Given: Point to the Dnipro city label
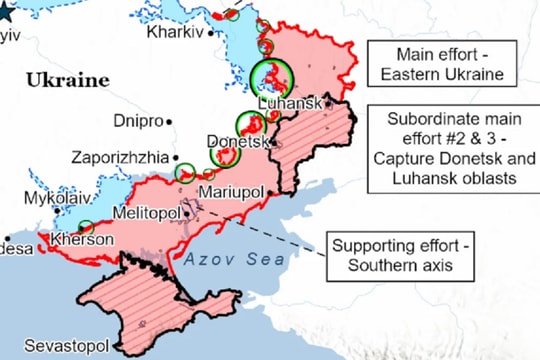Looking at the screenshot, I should click(x=137, y=121).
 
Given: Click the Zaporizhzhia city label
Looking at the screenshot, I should click(x=119, y=157).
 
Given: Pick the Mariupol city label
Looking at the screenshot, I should click(x=231, y=191).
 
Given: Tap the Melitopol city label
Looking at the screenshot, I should click(x=145, y=214).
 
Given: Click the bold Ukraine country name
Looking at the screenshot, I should click(x=67, y=78).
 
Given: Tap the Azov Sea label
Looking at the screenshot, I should click(x=221, y=259).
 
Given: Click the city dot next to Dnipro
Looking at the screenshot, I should click(x=169, y=121).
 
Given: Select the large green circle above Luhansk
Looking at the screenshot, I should click(x=271, y=74).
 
